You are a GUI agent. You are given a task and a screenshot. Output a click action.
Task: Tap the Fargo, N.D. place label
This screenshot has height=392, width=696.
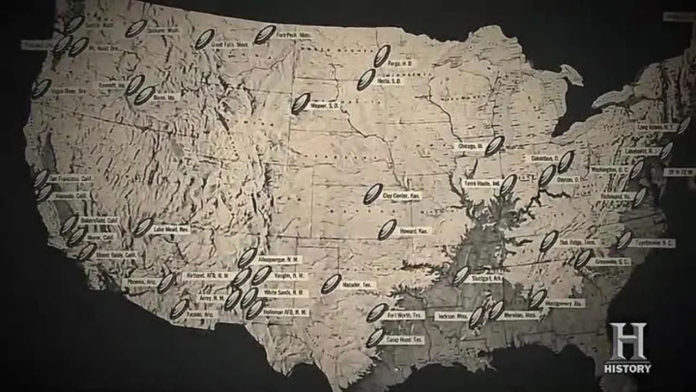pyautogui.click(x=401, y=64)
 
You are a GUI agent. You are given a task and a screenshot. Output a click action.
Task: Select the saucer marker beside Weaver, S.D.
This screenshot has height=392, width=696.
pyautogui.click(x=300, y=103)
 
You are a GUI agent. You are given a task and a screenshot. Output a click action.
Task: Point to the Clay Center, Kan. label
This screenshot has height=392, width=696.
pyautogui.click(x=402, y=194)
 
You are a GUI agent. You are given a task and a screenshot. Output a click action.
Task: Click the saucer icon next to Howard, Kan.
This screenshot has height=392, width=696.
pyautogui.click(x=387, y=230)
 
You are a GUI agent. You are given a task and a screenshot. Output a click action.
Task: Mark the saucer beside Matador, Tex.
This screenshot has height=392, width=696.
pyautogui.click(x=331, y=284)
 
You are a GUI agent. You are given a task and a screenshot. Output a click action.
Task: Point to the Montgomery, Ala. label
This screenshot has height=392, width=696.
pyautogui.click(x=564, y=303)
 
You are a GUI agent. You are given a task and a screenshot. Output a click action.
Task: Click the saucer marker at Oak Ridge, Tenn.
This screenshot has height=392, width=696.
pyautogui.click(x=549, y=241)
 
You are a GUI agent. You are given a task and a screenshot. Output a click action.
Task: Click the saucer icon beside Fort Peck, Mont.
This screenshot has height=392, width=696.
pyautogui.click(x=265, y=35)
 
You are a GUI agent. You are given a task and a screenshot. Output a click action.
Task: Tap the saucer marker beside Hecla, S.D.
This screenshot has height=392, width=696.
pyautogui.click(x=366, y=79)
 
